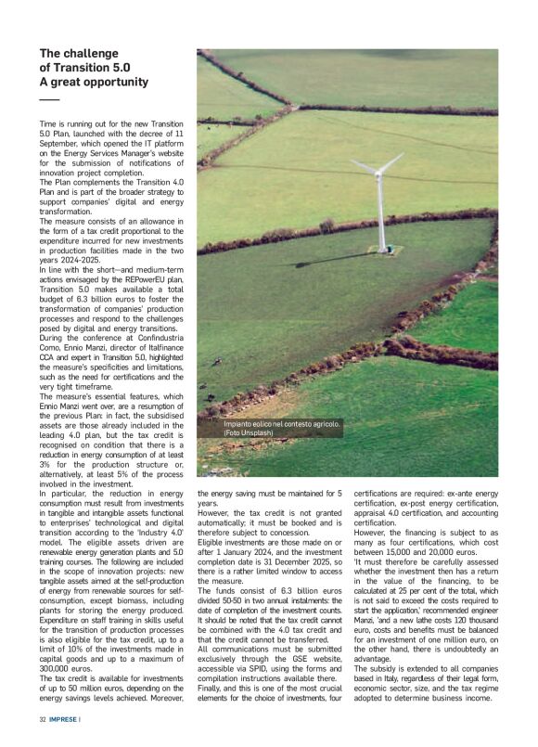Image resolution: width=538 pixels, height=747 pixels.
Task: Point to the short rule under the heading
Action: [x=48, y=98]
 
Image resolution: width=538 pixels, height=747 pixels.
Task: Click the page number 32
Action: [x=43, y=718]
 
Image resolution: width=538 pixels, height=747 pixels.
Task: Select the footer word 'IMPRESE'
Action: [x=64, y=718]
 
